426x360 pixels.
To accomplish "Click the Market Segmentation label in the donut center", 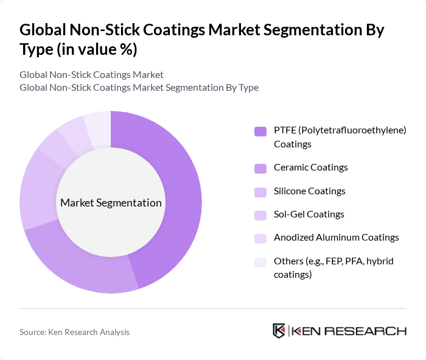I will click(x=111, y=203).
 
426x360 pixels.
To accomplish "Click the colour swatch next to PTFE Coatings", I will click(x=260, y=131).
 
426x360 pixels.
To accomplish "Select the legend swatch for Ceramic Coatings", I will click(x=260, y=168).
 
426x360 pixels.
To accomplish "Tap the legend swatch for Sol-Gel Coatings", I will click(x=260, y=215).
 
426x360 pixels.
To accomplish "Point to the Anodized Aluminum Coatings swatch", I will click(x=260, y=238).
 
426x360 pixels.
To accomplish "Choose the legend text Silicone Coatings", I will click(x=309, y=191).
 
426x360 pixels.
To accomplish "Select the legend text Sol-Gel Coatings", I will click(x=309, y=214).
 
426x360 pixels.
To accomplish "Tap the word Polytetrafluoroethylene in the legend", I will click(x=353, y=130).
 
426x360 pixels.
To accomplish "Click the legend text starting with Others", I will click(x=333, y=267).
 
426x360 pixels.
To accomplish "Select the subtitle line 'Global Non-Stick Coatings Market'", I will click(x=91, y=74).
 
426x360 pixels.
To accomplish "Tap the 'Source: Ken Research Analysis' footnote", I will click(x=74, y=332).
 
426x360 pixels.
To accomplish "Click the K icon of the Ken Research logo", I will click(x=279, y=331).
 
